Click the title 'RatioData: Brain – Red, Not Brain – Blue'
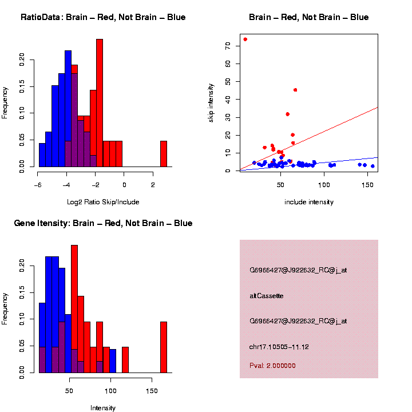click(103, 17)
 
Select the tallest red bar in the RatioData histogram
click(100, 103)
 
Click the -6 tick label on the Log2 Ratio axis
click(38, 185)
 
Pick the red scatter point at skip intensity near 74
click(245, 39)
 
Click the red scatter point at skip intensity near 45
click(295, 90)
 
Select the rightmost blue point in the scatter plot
click(373, 166)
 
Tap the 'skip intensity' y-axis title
click(211, 102)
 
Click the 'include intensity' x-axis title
click(309, 202)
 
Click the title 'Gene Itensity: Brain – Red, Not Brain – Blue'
click(103, 223)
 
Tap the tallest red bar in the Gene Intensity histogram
click(74, 309)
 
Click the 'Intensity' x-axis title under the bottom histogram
click(103, 408)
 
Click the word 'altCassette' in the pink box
click(267, 296)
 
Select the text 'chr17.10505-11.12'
click(280, 347)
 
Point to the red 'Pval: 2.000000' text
click(272, 366)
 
